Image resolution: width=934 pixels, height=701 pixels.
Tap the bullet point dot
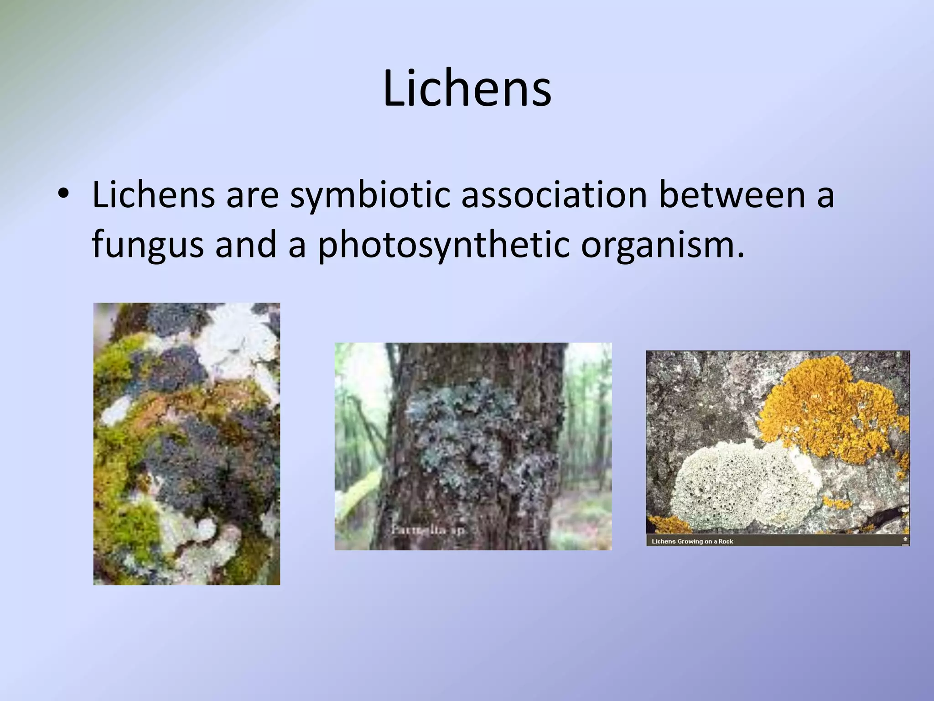tap(63, 195)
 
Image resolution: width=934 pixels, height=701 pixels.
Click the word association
tap(554, 194)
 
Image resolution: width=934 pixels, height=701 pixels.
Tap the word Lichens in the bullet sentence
tap(153, 194)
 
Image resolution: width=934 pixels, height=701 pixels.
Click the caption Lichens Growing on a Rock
tap(692, 541)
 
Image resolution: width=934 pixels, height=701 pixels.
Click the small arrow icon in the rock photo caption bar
tap(905, 539)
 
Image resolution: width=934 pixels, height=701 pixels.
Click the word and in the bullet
tap(246, 245)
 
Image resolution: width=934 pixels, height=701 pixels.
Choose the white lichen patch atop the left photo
tap(237, 338)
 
